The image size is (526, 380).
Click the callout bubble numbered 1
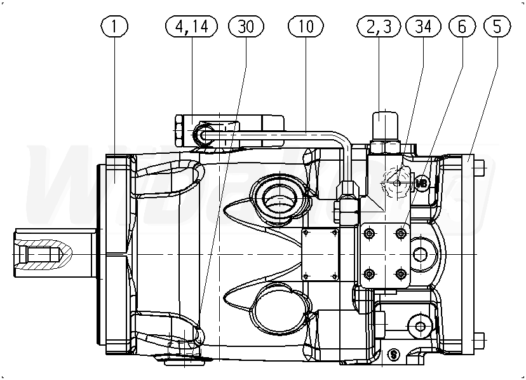[114, 26]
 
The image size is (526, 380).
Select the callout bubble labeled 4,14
[191, 26]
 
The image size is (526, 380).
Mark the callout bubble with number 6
[462, 26]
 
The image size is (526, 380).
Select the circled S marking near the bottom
[393, 354]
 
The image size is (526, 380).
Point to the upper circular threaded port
[275, 197]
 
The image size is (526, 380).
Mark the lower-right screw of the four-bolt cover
[400, 274]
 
